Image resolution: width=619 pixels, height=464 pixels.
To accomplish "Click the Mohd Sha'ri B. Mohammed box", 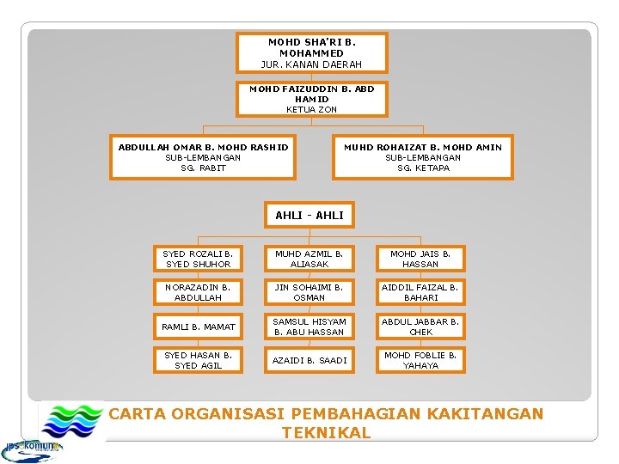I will pyautogui.click(x=311, y=52).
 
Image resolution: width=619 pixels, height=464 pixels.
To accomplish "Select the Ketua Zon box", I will pyautogui.click(x=311, y=99).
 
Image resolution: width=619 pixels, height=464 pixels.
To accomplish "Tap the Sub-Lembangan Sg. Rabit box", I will pyautogui.click(x=203, y=157).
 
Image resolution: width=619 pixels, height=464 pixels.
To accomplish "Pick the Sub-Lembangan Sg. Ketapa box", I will pyautogui.click(x=422, y=157).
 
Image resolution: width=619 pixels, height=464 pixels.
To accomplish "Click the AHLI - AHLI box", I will pyautogui.click(x=309, y=215).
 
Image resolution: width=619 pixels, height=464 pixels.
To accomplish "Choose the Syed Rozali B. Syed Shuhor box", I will pyautogui.click(x=198, y=259).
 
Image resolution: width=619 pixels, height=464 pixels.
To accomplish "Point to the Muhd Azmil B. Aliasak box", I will pyautogui.click(x=309, y=259).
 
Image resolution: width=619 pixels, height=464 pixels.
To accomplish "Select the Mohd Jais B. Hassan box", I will pyautogui.click(x=420, y=259).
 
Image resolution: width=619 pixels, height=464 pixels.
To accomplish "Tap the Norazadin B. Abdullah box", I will pyautogui.click(x=198, y=292).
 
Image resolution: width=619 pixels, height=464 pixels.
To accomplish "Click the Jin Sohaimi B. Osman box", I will pyautogui.click(x=309, y=292).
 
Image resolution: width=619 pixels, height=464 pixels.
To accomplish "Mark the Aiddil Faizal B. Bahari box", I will pyautogui.click(x=420, y=292).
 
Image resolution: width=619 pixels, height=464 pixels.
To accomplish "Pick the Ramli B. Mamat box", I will pyautogui.click(x=198, y=327).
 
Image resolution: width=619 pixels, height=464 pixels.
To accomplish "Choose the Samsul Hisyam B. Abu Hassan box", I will pyautogui.click(x=309, y=327).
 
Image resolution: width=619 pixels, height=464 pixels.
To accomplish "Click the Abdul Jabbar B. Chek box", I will pyautogui.click(x=420, y=327).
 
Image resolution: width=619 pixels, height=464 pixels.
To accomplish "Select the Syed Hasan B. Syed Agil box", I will pyautogui.click(x=198, y=360).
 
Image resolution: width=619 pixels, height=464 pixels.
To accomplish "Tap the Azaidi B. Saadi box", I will pyautogui.click(x=309, y=360).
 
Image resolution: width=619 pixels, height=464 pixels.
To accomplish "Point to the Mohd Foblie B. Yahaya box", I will pyautogui.click(x=420, y=360).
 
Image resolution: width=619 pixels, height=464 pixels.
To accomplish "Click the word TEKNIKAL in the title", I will pyautogui.click(x=326, y=433).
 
